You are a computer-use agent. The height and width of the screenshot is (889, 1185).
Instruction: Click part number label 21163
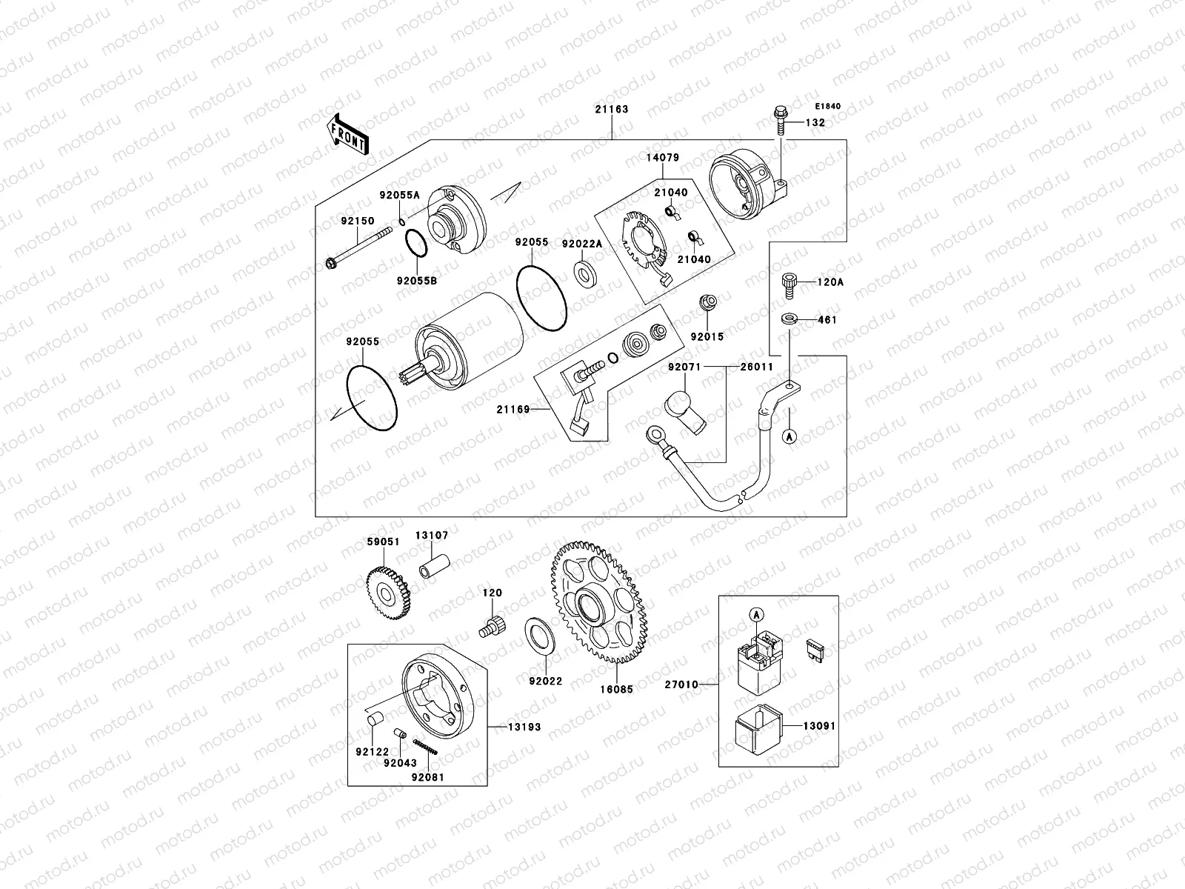click(x=611, y=109)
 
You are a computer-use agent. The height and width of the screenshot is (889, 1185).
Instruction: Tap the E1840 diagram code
click(x=829, y=107)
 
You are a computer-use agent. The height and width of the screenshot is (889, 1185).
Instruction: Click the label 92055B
click(x=417, y=281)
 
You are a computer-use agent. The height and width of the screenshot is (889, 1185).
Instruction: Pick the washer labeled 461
click(x=790, y=319)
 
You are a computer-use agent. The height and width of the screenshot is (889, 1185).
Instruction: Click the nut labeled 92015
click(x=707, y=304)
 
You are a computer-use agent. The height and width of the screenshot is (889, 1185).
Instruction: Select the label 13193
click(x=525, y=727)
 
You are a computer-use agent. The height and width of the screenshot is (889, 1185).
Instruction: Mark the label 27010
click(x=681, y=685)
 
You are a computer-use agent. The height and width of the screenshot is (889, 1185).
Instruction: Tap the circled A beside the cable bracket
click(x=790, y=436)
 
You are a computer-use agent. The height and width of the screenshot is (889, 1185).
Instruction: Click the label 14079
click(x=661, y=158)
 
